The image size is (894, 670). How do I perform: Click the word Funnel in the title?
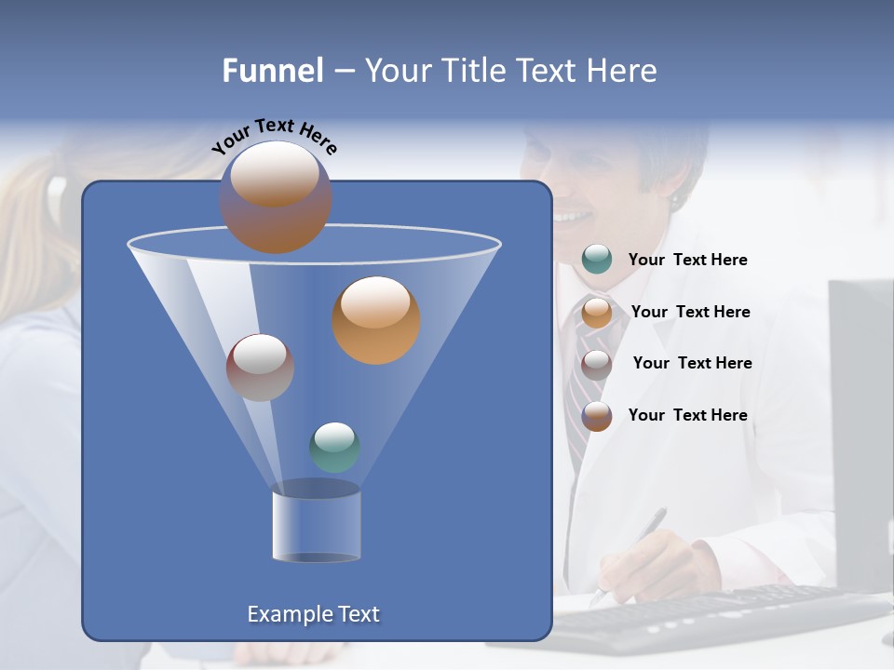click(272, 71)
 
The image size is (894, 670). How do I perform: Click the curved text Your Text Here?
click(275, 136)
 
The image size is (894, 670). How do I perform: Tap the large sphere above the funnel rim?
click(276, 197)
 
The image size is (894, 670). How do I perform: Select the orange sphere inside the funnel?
click(376, 320)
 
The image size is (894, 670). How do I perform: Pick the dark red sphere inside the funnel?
click(260, 368)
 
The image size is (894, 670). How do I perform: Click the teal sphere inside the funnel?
click(334, 448)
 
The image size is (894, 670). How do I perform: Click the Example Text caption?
click(314, 614)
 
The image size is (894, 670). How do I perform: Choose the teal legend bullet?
click(597, 260)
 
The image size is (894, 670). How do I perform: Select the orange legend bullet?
click(597, 312)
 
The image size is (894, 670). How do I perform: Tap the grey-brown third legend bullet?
click(597, 364)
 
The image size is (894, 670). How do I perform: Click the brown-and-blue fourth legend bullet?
click(597, 416)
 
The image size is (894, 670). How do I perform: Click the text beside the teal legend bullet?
click(687, 261)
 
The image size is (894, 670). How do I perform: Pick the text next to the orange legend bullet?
click(690, 313)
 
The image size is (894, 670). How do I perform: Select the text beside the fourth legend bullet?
click(687, 415)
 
